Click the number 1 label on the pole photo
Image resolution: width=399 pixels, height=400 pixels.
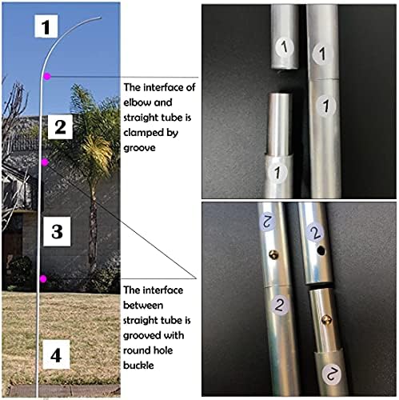(46, 28)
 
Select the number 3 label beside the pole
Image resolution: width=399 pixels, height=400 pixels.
(56, 233)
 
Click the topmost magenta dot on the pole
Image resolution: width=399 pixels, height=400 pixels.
(48, 76)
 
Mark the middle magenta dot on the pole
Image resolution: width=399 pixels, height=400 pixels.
(46, 162)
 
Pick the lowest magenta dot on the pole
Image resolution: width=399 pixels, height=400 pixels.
(42, 278)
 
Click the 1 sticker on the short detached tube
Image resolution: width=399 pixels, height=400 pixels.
(280, 45)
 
